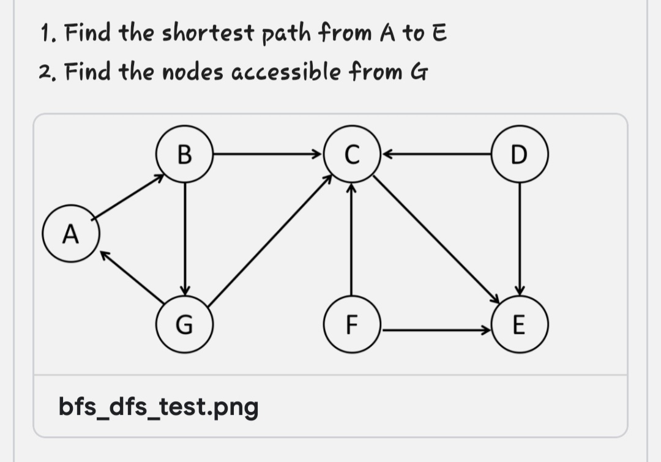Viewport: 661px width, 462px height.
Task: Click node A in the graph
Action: point(71,233)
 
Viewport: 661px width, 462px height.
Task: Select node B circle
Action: point(184,154)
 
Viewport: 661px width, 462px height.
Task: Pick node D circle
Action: point(520,154)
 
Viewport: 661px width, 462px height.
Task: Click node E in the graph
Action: point(520,324)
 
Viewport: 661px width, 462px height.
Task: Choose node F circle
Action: point(351,324)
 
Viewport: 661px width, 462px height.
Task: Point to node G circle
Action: point(184,324)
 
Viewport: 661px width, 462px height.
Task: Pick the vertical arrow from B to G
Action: point(185,239)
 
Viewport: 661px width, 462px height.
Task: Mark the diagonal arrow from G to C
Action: point(269,241)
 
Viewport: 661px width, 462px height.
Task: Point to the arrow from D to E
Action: point(520,239)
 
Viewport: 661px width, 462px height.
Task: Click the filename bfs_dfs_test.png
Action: point(159,406)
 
